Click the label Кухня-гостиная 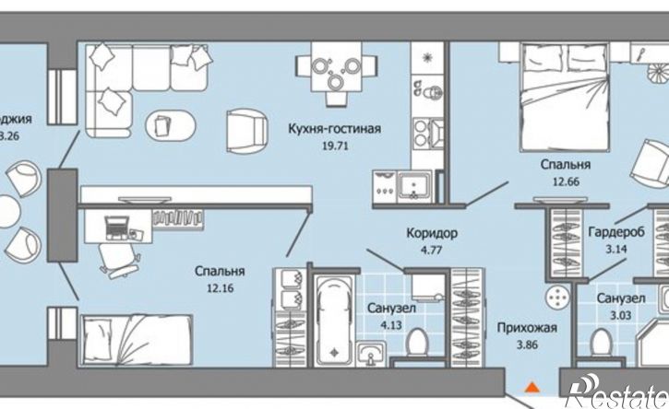[x=333, y=129]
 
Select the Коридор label [x=432, y=233]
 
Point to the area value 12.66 [x=565, y=181]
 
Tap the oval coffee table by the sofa [x=168, y=123]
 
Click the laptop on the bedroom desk [x=118, y=224]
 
